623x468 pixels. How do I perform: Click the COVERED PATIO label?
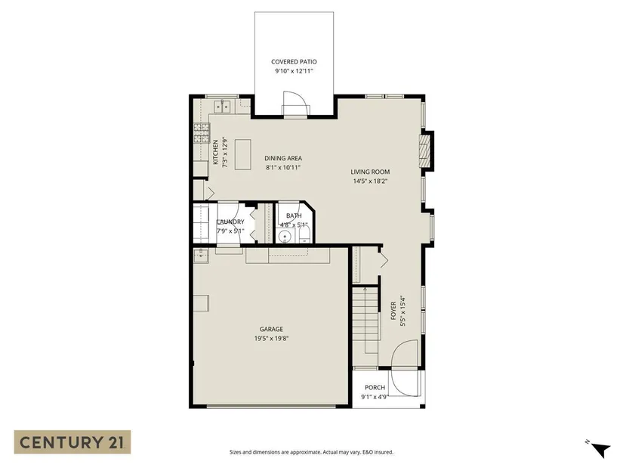[294, 62]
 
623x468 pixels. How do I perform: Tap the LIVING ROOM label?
[370, 172]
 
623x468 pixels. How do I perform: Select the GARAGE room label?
[271, 329]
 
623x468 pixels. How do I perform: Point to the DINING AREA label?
[283, 158]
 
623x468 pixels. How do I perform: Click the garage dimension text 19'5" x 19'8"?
[271, 339]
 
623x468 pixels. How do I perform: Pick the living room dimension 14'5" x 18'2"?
[370, 181]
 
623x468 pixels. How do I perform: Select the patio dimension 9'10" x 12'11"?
[294, 71]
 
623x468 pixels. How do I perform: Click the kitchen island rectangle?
[242, 154]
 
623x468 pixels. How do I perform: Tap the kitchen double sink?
[223, 107]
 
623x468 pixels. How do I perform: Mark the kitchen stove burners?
[202, 133]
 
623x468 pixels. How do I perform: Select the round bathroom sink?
[285, 237]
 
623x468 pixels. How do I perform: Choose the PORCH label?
[375, 388]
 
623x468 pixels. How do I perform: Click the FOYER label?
[393, 311]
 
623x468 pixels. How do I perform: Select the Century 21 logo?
[72, 442]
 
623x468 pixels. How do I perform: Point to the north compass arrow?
[600, 450]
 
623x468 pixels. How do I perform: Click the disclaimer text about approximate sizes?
[311, 452]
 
